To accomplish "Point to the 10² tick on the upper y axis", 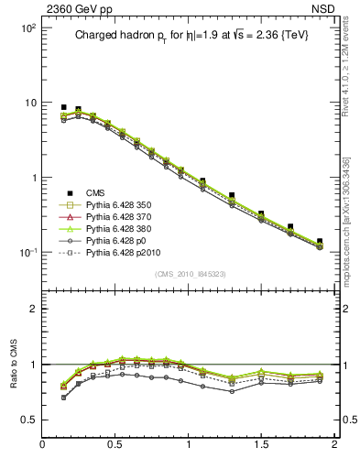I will (x=27, y=28).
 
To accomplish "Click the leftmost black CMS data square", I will (x=63, y=107).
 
